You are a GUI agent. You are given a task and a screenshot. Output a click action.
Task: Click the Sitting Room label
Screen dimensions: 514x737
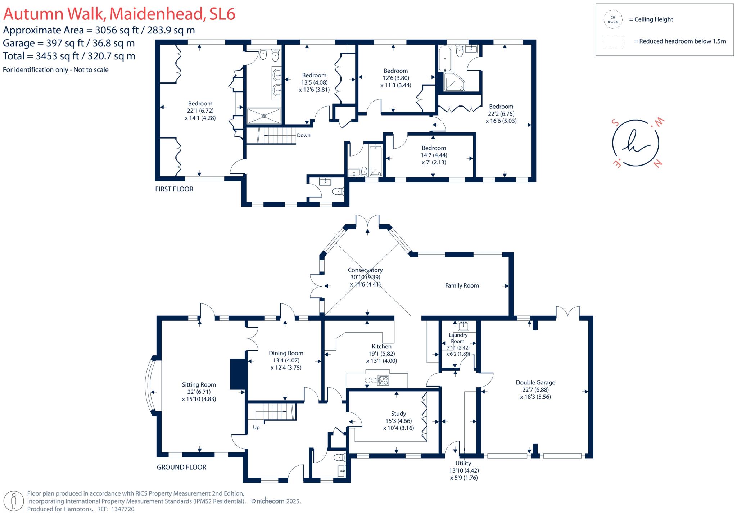pos(199,384)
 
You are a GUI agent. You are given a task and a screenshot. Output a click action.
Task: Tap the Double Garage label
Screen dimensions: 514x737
pos(535,382)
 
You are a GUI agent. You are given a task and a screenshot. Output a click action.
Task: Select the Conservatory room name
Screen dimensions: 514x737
pos(365,270)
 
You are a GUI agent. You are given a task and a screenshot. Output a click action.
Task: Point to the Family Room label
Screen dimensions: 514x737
pos(462,285)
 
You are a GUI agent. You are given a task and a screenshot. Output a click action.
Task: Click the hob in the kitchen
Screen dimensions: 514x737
pos(383,380)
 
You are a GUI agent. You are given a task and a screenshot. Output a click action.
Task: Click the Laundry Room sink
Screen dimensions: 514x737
pos(464,326)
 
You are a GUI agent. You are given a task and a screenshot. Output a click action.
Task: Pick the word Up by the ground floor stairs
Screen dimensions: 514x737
pos(256,427)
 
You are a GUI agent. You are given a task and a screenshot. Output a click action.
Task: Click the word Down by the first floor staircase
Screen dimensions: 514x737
pos(303,135)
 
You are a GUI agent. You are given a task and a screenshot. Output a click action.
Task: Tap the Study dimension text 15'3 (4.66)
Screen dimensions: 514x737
pos(398,421)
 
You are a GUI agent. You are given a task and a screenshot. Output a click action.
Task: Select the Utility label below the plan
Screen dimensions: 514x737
pos(463,463)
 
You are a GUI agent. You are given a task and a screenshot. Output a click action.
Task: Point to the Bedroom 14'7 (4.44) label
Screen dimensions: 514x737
pos(434,148)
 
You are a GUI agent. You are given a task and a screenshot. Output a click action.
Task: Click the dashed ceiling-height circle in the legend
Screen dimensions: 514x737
pos(612,19)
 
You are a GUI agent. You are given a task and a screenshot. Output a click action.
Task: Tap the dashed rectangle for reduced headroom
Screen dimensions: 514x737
pos(612,41)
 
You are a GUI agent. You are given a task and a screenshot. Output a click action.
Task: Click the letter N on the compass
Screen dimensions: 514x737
pos(657,164)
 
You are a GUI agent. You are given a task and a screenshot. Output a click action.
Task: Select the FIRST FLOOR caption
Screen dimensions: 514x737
pos(174,189)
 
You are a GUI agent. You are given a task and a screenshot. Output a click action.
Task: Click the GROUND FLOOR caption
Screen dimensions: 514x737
pos(181,467)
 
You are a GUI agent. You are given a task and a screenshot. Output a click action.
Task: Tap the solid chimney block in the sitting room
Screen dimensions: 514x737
pos(237,374)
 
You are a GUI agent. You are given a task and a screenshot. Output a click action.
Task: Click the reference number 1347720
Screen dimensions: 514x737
pos(123,509)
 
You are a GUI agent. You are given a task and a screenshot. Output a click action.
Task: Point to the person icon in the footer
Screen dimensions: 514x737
pos(14,501)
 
